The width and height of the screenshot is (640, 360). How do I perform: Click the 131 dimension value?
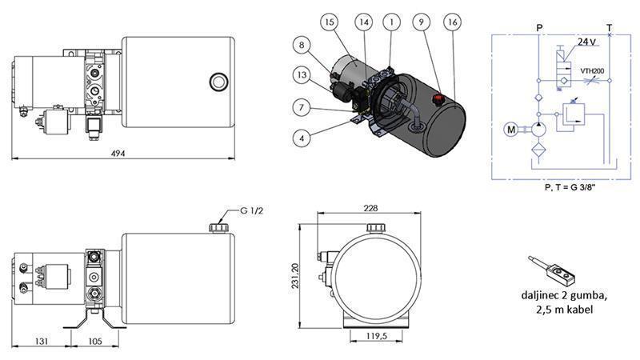(42, 341)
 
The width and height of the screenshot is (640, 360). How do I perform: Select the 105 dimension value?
(95, 341)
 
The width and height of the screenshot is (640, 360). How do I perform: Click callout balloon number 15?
(330, 23)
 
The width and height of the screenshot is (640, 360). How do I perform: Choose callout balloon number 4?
(300, 138)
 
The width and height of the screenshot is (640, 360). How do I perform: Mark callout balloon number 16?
(453, 23)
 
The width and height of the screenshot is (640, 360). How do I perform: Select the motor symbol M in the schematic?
(510, 128)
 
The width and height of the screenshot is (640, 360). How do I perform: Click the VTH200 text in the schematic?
(591, 70)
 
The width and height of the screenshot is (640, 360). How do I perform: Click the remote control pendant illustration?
(553, 272)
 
